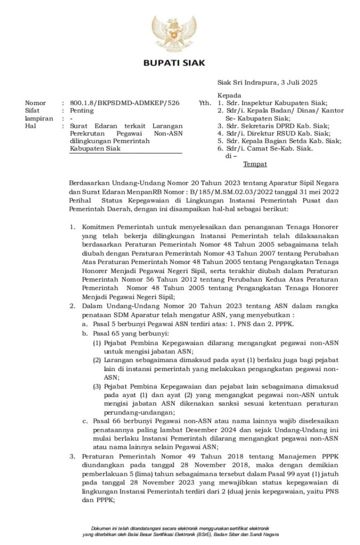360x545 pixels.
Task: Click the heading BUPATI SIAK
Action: pyautogui.click(x=179, y=63)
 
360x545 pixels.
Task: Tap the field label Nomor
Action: pyautogui.click(x=36, y=103)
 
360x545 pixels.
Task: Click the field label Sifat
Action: pyautogui.click(x=34, y=111)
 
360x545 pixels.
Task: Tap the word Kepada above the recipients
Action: pyautogui.click(x=229, y=95)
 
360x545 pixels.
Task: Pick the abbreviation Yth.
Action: pyautogui.click(x=204, y=103)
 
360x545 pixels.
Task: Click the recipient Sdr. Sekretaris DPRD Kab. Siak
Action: pyautogui.click(x=276, y=126)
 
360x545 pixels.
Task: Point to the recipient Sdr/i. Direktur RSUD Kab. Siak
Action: pyautogui.click(x=277, y=134)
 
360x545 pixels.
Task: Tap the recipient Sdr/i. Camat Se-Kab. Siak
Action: pyautogui.click(x=269, y=149)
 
